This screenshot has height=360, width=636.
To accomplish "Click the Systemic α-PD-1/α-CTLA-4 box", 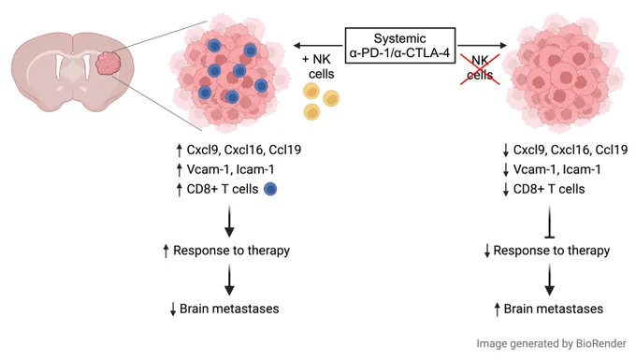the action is point(400,46).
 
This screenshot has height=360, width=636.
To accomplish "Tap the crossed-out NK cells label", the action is point(480,67).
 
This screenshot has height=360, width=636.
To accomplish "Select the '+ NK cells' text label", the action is point(319,66).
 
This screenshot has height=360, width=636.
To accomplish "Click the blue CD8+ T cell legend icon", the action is point(270,189).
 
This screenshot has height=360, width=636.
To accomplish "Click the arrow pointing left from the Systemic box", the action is point(318,45).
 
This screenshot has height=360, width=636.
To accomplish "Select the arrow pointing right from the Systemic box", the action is point(483,45).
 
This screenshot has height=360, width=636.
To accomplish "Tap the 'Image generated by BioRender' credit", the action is point(551,344).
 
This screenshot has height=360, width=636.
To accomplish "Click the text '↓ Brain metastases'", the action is point(224,309).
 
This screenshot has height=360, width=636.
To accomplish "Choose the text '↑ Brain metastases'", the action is point(548,309).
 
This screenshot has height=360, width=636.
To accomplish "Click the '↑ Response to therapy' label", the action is point(226,251).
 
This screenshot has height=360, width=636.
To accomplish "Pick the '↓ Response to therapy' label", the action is point(547,251).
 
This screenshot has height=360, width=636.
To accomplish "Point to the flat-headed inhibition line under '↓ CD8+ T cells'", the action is point(550,222).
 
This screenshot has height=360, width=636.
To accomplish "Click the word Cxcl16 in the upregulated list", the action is point(243,150).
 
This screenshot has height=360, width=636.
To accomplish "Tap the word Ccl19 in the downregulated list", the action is point(612,150).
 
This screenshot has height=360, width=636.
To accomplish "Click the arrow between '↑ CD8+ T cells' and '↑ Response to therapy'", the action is point(229,222).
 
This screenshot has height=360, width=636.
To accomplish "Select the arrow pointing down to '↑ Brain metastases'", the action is point(550,280).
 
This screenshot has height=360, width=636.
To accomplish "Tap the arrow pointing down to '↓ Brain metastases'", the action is point(229,280).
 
